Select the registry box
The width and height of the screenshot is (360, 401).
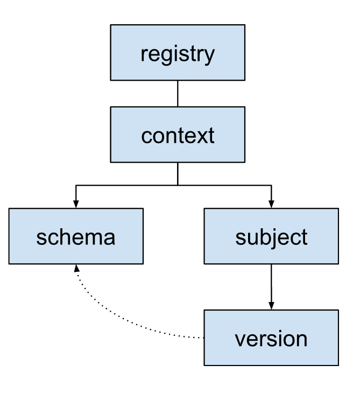(x=178, y=53)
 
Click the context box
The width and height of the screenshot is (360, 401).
(x=178, y=135)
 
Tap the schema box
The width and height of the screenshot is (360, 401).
(x=76, y=236)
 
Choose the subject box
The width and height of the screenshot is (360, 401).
(x=271, y=236)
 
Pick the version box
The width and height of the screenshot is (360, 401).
(x=271, y=337)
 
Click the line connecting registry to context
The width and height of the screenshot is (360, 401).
(x=178, y=93)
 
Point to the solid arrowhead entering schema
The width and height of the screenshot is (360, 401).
(x=76, y=204)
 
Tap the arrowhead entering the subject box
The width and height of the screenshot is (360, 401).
(x=271, y=204)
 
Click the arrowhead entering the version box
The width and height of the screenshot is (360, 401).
(x=271, y=306)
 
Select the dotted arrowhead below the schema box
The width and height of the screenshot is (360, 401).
(x=76, y=268)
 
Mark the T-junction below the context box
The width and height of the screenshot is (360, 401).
(x=178, y=185)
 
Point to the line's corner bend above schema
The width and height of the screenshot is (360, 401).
(x=76, y=185)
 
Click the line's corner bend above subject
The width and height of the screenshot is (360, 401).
(x=271, y=185)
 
